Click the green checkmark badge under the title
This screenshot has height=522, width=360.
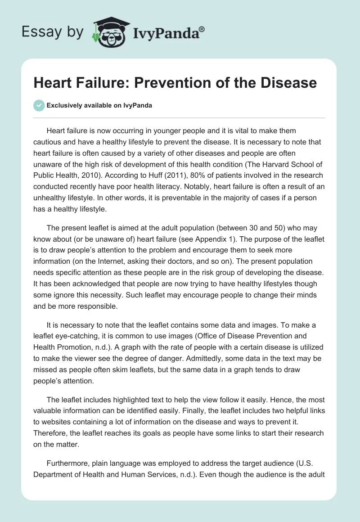(x=39, y=105)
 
